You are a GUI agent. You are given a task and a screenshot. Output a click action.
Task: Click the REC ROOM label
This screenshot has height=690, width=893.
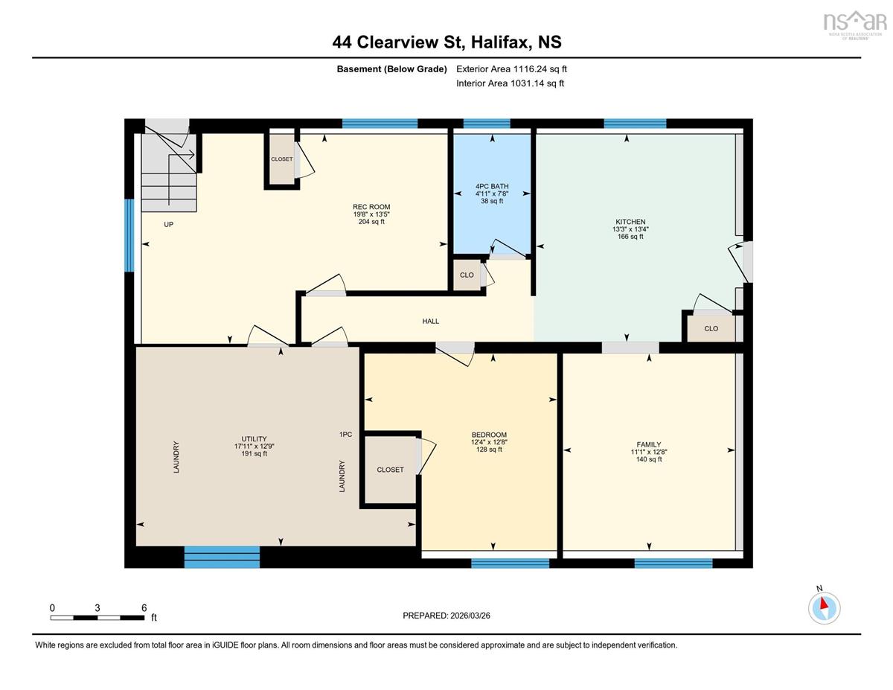click(371, 207)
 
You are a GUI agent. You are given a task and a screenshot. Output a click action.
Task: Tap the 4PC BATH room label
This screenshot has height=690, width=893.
click(492, 186)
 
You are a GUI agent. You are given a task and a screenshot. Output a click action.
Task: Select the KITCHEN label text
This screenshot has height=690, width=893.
click(630, 222)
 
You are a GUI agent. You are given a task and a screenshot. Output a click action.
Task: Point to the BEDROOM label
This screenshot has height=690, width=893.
click(489, 435)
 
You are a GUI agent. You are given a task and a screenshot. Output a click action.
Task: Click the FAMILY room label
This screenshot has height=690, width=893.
click(649, 444)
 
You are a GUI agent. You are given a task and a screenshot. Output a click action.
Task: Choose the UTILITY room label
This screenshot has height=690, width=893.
click(254, 438)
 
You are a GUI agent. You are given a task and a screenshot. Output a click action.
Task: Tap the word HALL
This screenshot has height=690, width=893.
click(431, 321)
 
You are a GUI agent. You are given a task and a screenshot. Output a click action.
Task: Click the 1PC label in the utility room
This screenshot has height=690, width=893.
click(345, 434)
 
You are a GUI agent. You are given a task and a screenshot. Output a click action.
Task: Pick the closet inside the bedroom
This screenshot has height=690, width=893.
click(391, 470)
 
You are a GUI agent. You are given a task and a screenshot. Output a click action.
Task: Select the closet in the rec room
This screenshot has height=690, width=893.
click(282, 159)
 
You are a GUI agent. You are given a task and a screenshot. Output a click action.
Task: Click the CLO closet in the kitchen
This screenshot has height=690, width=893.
click(711, 328)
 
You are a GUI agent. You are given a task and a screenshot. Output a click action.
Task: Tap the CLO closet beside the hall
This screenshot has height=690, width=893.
click(467, 275)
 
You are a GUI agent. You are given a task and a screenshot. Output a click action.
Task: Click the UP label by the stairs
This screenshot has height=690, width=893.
click(168, 224)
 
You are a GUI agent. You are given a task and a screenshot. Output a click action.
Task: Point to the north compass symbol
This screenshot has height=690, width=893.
click(824, 608)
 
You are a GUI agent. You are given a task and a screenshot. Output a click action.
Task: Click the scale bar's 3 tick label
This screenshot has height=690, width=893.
click(97, 608)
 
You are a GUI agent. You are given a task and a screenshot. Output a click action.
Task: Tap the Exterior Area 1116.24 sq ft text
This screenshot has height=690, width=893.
click(511, 69)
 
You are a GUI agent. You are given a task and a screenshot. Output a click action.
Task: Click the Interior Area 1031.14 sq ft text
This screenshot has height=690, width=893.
click(510, 83)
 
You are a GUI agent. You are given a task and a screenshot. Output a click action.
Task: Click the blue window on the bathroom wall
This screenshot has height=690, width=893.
click(487, 124)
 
